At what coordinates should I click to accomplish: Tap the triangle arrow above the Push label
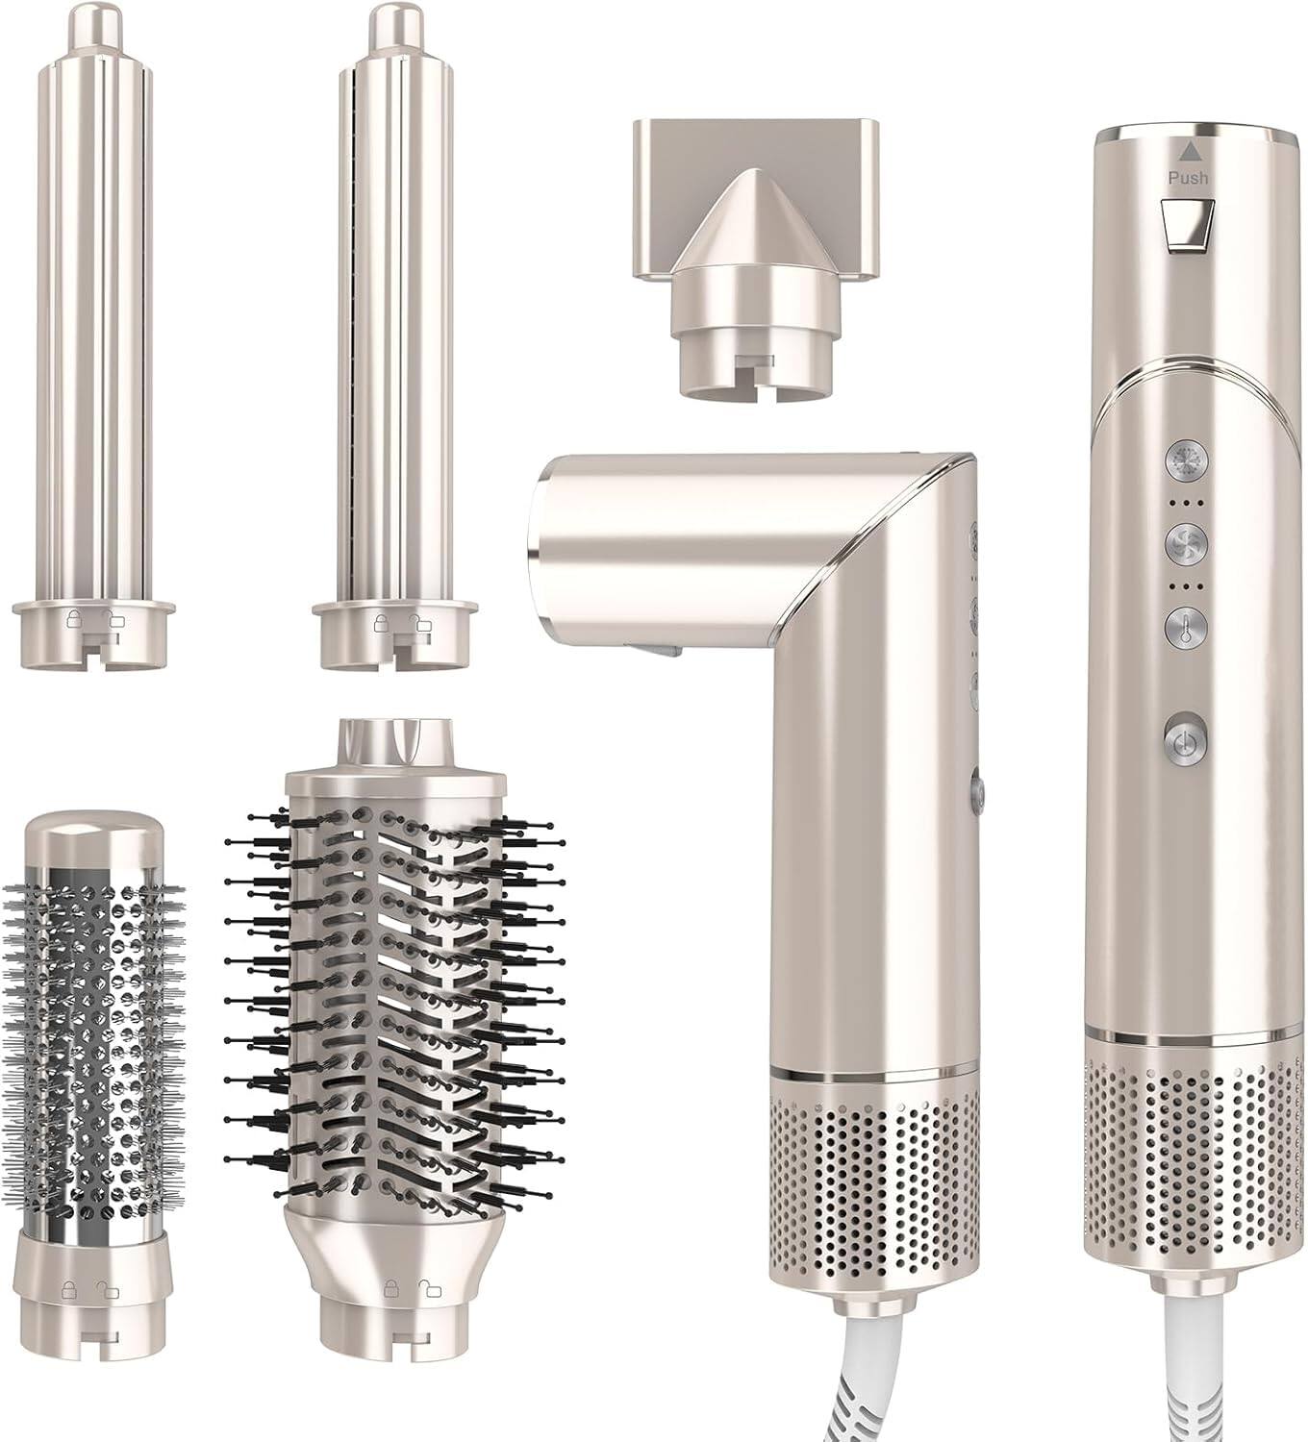tap(1190, 149)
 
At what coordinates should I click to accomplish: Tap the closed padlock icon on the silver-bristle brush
tap(69, 1286)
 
